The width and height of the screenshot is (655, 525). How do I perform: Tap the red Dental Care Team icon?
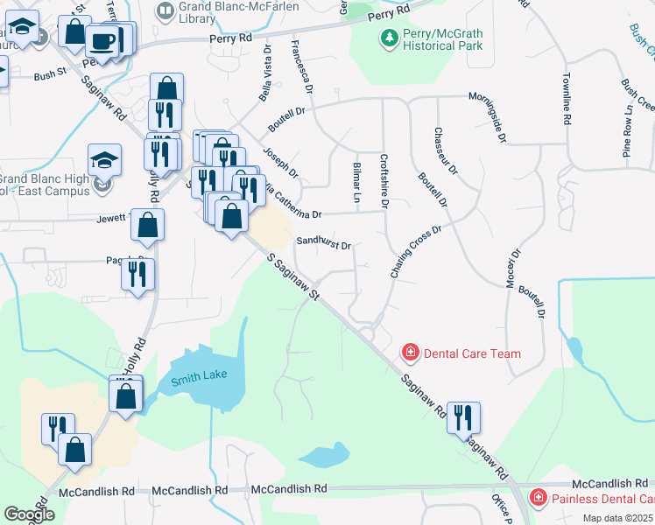point(409,353)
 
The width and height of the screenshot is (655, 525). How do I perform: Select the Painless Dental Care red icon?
point(538,499)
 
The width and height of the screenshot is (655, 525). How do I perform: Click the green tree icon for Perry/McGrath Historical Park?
point(388,38)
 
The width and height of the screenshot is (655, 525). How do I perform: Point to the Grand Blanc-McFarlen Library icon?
point(164,10)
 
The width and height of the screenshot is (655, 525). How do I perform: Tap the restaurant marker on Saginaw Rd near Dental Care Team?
point(463,417)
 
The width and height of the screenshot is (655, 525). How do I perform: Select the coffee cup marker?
point(104,41)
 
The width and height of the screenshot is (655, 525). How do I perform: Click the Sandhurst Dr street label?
point(323,244)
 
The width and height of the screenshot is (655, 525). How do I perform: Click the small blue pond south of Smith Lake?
point(323,456)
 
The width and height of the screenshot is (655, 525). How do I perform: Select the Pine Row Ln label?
point(627,131)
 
